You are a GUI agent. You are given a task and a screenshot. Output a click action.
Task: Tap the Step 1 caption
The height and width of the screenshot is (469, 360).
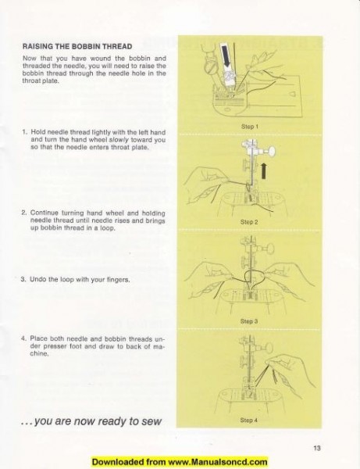tap(250, 126)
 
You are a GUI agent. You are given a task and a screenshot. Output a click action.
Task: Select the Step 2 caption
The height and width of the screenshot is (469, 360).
tap(250, 221)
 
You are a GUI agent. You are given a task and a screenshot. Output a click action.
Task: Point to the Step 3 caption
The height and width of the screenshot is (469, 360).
tap(250, 320)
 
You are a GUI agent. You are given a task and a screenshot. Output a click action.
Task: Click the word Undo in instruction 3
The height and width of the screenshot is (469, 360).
tap(40, 278)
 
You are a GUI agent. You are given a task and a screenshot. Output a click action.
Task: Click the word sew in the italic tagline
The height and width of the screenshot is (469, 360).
tap(151, 421)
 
